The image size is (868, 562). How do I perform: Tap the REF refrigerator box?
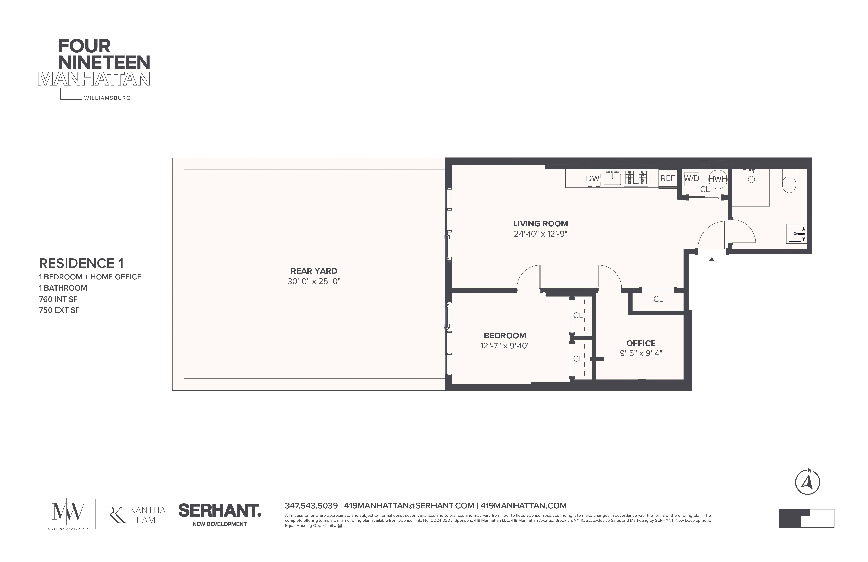(668, 178)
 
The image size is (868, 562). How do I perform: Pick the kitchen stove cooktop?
(636, 178)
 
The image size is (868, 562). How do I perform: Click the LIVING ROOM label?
(541, 224)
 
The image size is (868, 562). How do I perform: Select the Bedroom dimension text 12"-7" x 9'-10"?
(505, 346)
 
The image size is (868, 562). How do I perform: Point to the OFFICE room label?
(641, 343)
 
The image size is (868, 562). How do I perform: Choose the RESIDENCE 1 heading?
(81, 263)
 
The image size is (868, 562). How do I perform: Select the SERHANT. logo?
(220, 511)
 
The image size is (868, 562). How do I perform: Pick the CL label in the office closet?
(658, 299)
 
